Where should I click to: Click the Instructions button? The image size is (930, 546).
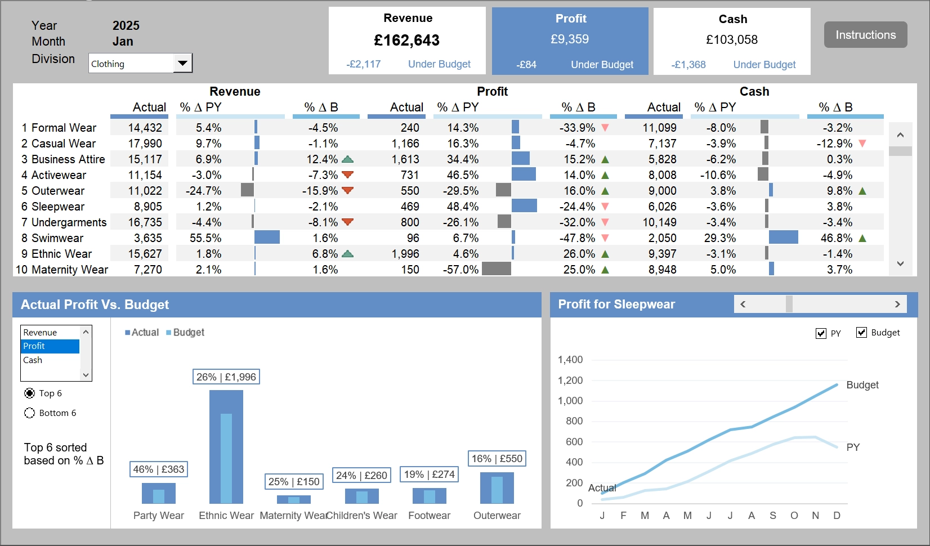(865, 35)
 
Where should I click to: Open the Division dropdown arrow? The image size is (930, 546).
(182, 63)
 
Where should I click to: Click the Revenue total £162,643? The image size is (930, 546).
(406, 40)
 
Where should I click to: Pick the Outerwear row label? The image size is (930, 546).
(57, 191)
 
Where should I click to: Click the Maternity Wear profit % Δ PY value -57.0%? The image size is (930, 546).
(460, 270)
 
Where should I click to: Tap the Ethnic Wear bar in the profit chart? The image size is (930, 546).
(226, 446)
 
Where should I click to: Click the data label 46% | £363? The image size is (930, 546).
(158, 469)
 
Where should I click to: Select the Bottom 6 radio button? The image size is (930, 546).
(30, 413)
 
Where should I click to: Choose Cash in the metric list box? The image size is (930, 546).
(33, 360)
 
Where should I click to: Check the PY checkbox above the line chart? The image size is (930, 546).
(821, 333)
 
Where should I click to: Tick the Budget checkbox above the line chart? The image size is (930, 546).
(861, 333)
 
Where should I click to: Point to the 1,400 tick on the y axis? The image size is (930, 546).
(570, 360)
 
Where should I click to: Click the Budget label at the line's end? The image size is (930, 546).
(862, 385)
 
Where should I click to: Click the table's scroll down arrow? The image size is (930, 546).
(900, 263)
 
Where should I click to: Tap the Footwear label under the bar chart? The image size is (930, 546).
(429, 516)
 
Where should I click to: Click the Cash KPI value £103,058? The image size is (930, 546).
(731, 40)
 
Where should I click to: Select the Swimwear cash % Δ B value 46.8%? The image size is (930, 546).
(836, 238)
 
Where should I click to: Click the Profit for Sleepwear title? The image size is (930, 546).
(616, 305)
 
